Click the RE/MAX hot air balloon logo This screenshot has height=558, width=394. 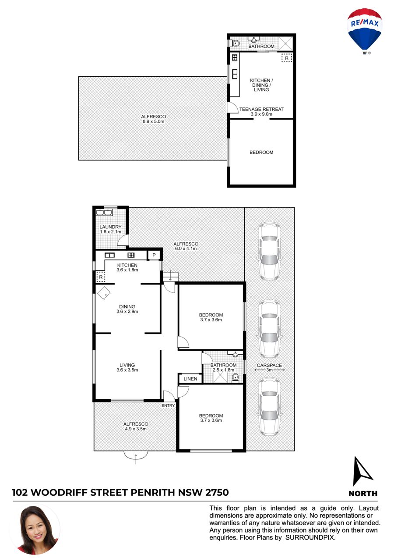[364, 31]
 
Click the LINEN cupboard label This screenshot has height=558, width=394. [190, 379]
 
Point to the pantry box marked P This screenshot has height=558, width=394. [154, 255]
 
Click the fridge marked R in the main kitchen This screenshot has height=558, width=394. [101, 277]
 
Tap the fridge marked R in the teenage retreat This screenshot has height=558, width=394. [287, 58]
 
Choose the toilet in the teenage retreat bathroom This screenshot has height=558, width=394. [236, 43]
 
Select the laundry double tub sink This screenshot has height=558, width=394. [104, 213]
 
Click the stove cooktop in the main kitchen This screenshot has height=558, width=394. [131, 255]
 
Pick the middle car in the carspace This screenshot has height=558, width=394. [269, 329]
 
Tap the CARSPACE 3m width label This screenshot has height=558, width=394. [269, 367]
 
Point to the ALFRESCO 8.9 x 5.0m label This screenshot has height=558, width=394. [154, 119]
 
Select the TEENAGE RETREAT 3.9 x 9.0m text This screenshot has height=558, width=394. [261, 112]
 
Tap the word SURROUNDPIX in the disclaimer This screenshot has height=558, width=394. [310, 537]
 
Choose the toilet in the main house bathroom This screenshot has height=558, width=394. [236, 378]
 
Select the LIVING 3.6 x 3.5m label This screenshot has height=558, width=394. [127, 368]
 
